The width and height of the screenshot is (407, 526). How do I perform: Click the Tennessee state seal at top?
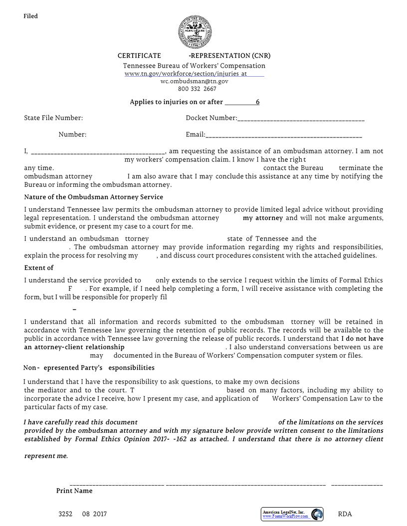pos(195,32)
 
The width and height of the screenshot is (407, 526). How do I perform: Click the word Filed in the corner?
pos(30,16)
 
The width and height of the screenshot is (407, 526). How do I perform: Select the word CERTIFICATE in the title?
pos(139,56)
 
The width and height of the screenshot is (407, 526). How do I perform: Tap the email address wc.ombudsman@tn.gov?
pos(195,81)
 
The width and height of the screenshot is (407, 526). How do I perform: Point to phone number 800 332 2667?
pos(197,89)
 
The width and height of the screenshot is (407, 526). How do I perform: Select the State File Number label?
pos(53,118)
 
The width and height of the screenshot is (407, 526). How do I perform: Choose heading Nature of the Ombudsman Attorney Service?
pos(93,197)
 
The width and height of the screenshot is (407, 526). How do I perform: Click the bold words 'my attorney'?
pos(263,218)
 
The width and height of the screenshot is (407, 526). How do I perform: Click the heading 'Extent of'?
pos(39,268)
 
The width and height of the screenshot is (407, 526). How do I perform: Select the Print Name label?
pos(74,491)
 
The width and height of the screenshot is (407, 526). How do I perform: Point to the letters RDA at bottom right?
pos(345,514)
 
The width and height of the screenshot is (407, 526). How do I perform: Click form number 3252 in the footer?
pos(65,514)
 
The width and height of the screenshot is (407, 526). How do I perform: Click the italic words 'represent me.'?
pos(46,456)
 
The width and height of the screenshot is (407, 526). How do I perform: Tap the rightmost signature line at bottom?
pos(357,484)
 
